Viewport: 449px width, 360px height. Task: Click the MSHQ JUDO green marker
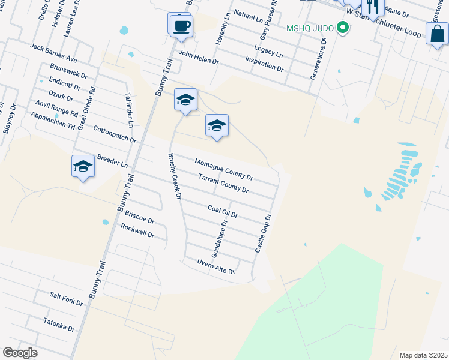[x=343, y=28]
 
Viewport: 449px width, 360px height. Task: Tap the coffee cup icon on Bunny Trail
[x=180, y=25]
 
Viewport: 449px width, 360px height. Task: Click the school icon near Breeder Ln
[x=83, y=166]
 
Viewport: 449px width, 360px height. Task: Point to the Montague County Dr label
[x=224, y=170]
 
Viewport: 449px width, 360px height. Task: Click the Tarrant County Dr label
[x=223, y=183]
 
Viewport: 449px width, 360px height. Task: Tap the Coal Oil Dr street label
[x=223, y=211]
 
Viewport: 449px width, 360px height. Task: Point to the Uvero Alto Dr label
[x=215, y=266]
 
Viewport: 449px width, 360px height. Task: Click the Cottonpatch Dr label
[x=115, y=134]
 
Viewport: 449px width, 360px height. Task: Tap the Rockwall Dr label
[x=137, y=231]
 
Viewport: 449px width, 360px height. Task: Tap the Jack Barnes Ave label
[x=53, y=53]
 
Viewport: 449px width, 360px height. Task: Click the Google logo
[x=20, y=353]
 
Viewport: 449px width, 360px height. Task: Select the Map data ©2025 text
[x=423, y=355]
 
